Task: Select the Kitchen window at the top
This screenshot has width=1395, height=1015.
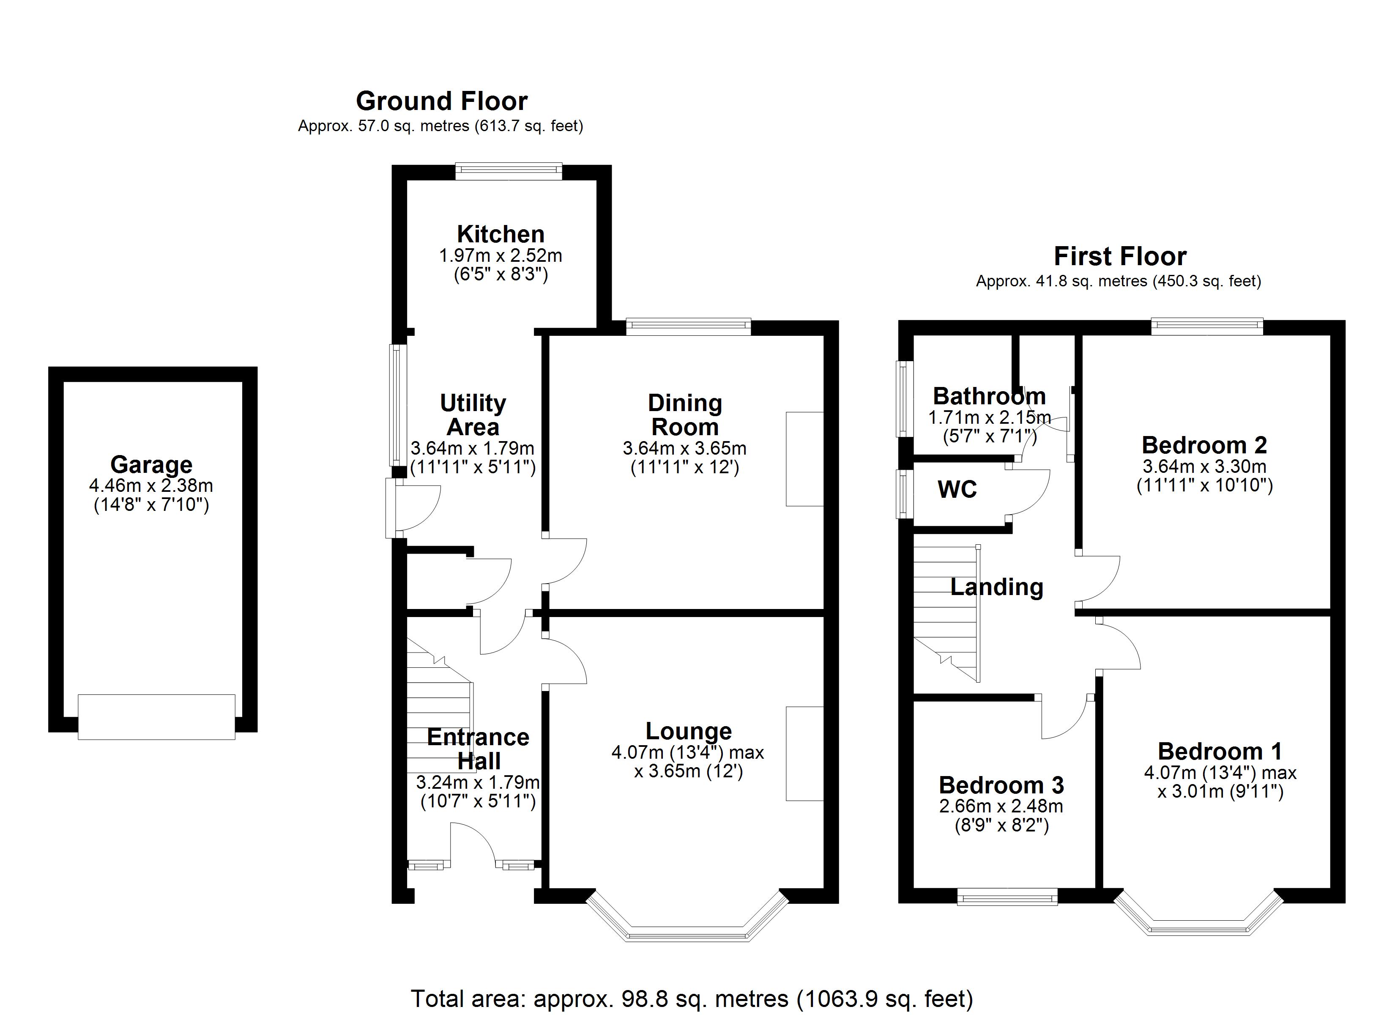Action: tap(509, 171)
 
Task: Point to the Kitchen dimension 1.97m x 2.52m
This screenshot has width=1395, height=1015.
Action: tap(501, 255)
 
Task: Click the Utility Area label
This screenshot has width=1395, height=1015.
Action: tap(473, 415)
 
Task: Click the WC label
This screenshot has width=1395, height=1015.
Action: tap(957, 489)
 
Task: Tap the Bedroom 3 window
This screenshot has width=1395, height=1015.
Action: tap(1007, 897)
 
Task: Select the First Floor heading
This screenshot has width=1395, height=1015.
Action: tap(1120, 256)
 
